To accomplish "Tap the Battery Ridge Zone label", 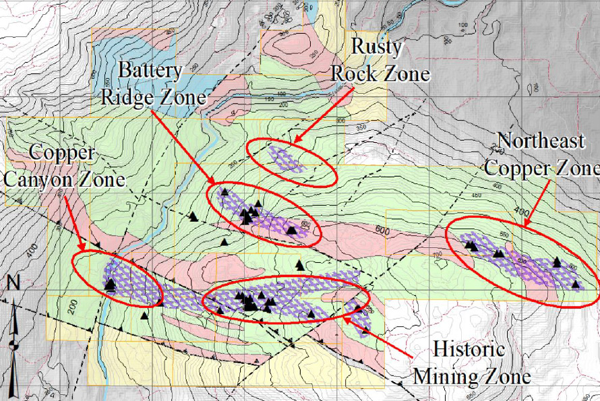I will coord(152,84).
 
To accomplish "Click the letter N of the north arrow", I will coord(12,283).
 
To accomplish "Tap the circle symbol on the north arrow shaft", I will coord(13,344).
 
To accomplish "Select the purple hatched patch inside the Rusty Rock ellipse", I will coord(286,158).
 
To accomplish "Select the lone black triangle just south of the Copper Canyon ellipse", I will coord(144,315).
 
